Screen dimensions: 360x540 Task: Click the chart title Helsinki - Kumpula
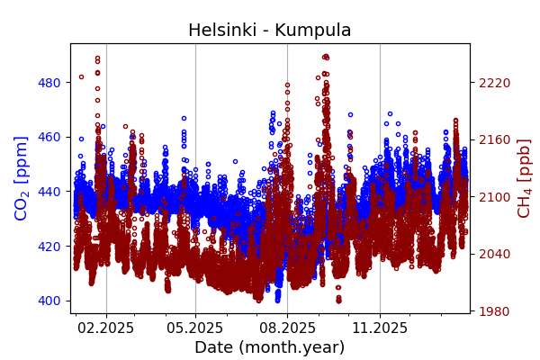[269, 31]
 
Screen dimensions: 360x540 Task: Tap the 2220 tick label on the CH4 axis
[494, 83]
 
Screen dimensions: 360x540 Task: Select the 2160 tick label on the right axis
[494, 139]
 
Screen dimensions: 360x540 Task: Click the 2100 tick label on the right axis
[494, 197]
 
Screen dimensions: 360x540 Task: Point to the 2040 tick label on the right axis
[494, 254]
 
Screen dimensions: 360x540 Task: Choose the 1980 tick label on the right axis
[494, 311]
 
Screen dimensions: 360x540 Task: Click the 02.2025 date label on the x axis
[106, 328]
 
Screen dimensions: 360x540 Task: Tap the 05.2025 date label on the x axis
[195, 328]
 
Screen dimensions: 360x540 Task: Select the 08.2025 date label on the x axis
[287, 328]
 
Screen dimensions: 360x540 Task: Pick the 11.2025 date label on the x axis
[379, 328]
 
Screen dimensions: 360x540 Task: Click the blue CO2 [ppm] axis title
[22, 178]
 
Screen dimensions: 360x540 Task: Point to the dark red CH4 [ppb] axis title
[524, 178]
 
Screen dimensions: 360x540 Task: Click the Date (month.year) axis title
[269, 347]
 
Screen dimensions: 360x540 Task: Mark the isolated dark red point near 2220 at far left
[81, 76]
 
